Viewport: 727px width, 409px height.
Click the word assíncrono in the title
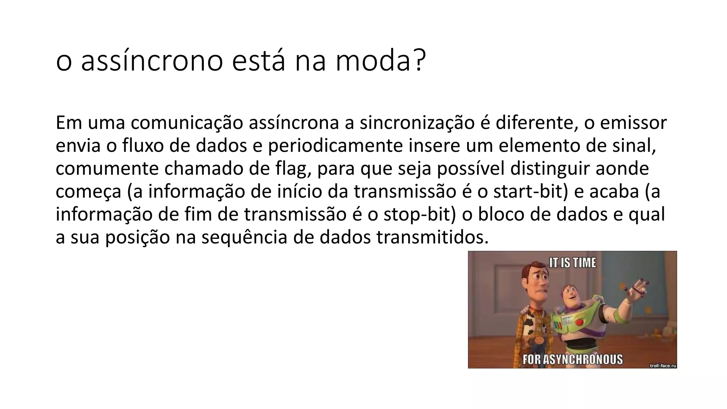(x=152, y=61)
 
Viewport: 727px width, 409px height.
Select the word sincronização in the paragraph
(x=417, y=123)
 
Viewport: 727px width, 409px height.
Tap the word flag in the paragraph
(x=291, y=169)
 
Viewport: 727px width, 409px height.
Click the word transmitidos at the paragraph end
(x=432, y=238)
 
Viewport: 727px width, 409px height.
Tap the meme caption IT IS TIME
(x=572, y=263)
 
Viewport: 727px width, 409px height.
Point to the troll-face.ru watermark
(x=662, y=365)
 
